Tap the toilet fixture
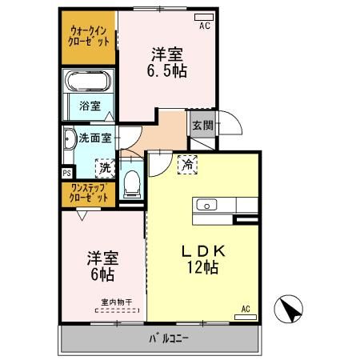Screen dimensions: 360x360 click(x=133, y=186)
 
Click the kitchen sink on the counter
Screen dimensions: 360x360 click(x=206, y=205)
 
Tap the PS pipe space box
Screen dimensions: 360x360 click(x=66, y=170)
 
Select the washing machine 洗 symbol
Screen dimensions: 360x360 click(x=104, y=168)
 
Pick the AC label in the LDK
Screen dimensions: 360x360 click(x=246, y=308)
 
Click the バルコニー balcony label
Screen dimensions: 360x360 click(x=168, y=338)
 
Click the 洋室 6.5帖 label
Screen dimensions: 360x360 click(x=167, y=62)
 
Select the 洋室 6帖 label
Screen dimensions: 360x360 click(x=102, y=267)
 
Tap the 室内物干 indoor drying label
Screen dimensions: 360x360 click(x=116, y=302)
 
